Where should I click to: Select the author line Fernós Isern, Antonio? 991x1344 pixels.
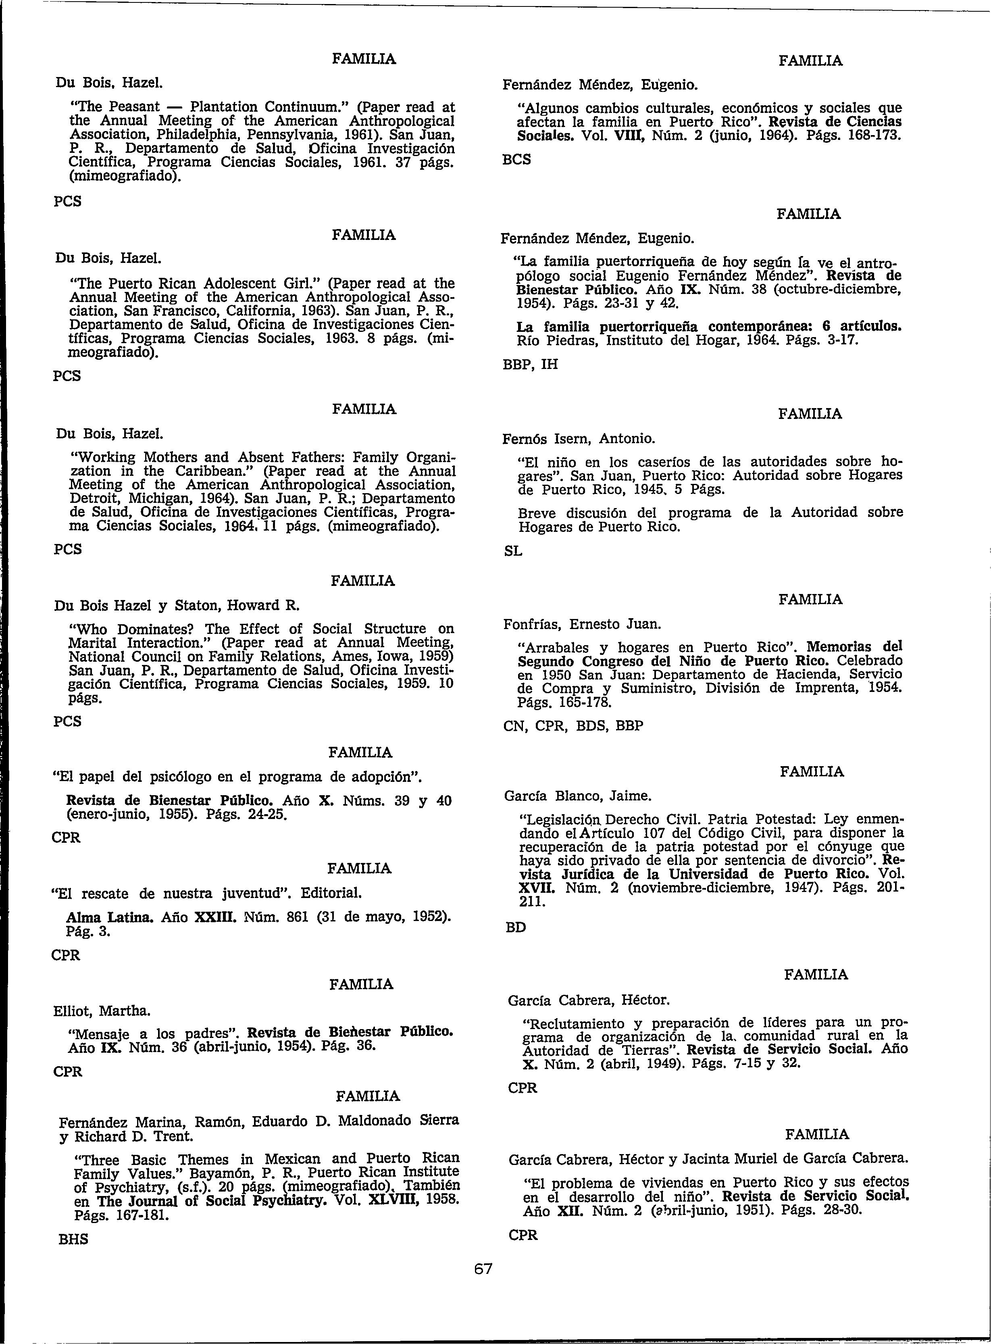coord(579,439)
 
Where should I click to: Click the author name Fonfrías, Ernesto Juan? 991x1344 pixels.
coord(582,624)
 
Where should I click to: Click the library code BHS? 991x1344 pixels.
coord(73,1239)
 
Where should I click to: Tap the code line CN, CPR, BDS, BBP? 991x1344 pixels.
coord(573,726)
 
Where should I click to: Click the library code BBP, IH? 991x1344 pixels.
coord(530,364)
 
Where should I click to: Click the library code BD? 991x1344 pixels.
coord(516,927)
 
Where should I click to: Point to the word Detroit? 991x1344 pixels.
coord(98,498)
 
